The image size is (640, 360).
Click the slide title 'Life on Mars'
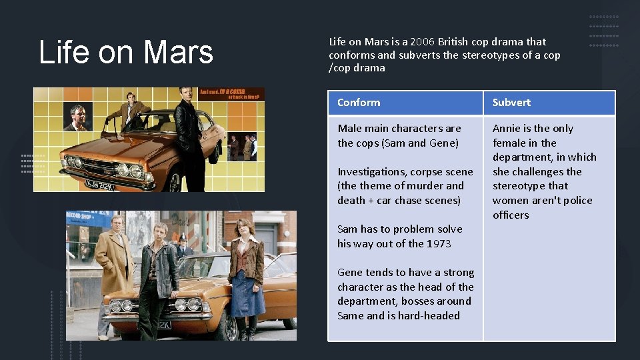[126, 53]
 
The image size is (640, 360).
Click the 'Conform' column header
[359, 103]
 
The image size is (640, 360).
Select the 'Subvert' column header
[511, 103]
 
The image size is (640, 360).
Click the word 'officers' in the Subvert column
[511, 215]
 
